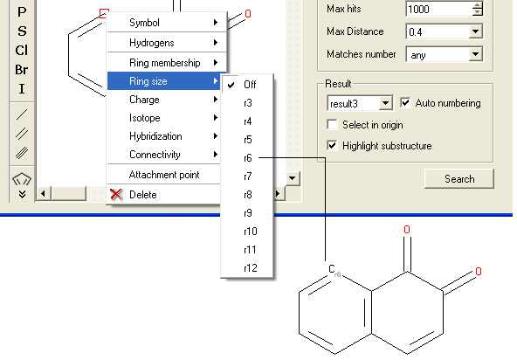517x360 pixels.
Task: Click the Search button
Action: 459,179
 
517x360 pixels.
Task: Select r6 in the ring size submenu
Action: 248,158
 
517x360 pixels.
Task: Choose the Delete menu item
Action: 142,195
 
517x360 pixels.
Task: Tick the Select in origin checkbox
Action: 332,125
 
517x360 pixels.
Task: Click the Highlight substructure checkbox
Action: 332,146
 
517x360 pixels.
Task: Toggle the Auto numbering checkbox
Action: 405,102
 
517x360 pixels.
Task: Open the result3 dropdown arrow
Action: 385,104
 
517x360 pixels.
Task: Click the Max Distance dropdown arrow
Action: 475,31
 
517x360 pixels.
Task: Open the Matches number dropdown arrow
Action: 475,54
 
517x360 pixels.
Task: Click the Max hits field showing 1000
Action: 439,9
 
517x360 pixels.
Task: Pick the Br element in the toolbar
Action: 22,70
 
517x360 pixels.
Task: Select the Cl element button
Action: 22,51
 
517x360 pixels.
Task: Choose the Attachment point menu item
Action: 164,175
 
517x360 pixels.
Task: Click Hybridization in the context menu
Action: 155,136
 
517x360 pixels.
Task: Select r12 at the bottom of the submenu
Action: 251,268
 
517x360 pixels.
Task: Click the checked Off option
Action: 250,85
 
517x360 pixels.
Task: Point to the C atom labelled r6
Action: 332,269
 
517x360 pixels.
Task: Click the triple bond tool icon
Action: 22,153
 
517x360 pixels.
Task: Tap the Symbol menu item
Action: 144,23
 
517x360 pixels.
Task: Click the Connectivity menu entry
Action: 155,155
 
